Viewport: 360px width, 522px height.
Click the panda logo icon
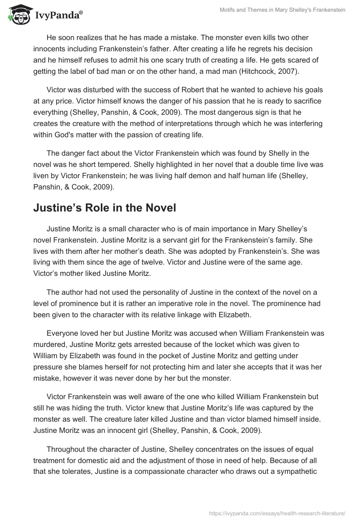tap(19, 15)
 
